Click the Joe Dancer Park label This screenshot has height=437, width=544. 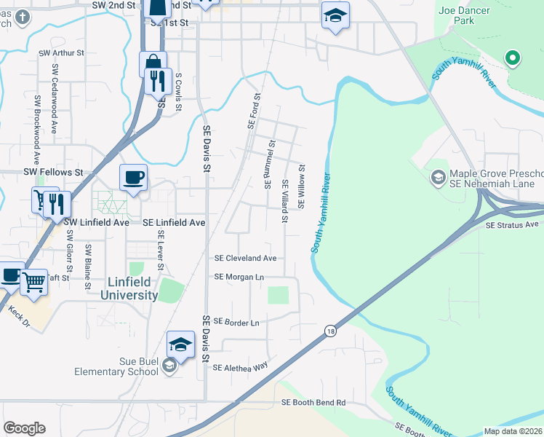click(465, 15)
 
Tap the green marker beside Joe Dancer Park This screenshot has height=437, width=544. click(512, 58)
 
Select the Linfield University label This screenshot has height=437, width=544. click(123, 288)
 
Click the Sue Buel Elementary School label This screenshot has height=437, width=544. click(116, 366)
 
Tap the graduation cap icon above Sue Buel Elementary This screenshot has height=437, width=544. click(181, 345)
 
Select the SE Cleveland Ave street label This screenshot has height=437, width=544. click(245, 258)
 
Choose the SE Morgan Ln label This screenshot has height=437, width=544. click(239, 277)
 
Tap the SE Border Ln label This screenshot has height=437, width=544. click(236, 322)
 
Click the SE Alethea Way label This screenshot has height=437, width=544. click(240, 368)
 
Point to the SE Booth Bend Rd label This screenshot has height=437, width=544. click(313, 402)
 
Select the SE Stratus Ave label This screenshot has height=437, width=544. click(512, 225)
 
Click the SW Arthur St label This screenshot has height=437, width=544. click(62, 53)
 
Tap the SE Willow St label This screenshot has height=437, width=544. click(300, 186)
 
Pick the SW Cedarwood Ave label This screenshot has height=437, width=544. click(54, 98)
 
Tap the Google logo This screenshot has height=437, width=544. click(24, 428)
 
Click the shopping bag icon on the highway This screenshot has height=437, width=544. click(153, 64)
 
